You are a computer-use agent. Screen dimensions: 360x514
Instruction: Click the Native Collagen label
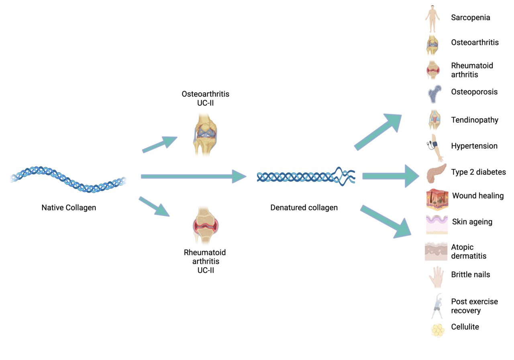click(x=69, y=208)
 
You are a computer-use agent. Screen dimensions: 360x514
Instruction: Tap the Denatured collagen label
click(x=304, y=208)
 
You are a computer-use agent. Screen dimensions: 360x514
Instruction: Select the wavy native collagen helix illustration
click(x=68, y=178)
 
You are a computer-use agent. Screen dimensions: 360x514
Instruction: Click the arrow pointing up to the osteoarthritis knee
click(x=160, y=144)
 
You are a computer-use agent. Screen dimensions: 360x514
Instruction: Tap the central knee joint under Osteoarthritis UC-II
click(x=205, y=135)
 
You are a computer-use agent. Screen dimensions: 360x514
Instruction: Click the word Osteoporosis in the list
click(x=474, y=92)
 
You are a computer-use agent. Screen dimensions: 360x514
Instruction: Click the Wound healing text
click(x=478, y=196)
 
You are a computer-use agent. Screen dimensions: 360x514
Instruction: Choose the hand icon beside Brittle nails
click(x=436, y=277)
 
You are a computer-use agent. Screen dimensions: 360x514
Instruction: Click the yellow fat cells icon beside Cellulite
click(x=437, y=330)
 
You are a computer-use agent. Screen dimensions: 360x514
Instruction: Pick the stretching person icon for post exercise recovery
click(x=437, y=306)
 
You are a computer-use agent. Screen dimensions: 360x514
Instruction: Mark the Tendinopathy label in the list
click(x=474, y=120)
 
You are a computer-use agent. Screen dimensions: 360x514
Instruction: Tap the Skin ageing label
click(x=472, y=221)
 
